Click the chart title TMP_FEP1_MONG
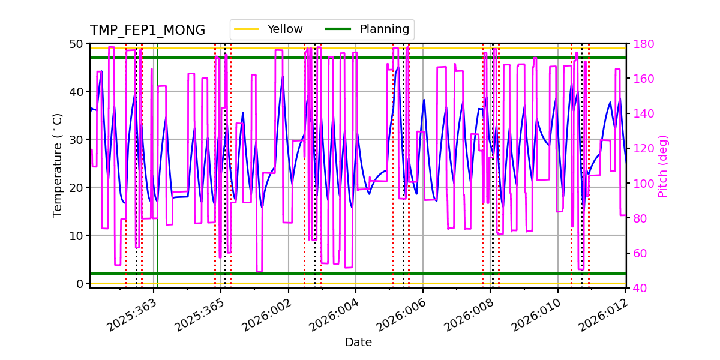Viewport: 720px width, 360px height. pos(148,31)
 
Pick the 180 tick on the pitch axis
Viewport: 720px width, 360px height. pos(640,44)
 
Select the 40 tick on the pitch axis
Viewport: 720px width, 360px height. pos(637,288)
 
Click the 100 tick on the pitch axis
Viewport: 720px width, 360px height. pos(640,184)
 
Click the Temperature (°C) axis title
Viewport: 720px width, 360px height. pos(58,166)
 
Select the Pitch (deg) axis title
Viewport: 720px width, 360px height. pos(663,166)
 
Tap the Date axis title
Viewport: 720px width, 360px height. pos(358,343)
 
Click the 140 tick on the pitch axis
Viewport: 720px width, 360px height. pos(640,113)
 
